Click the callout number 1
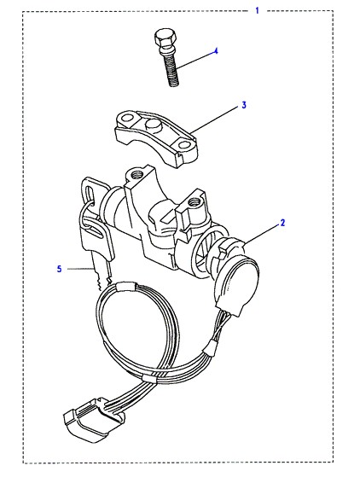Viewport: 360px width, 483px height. point(258,11)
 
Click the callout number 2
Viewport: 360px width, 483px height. point(282,223)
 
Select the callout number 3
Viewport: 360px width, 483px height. point(244,105)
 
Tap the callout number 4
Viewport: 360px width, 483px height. point(216,51)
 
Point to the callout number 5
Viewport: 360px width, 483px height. point(59,269)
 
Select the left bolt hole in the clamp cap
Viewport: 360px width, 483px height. point(127,118)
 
